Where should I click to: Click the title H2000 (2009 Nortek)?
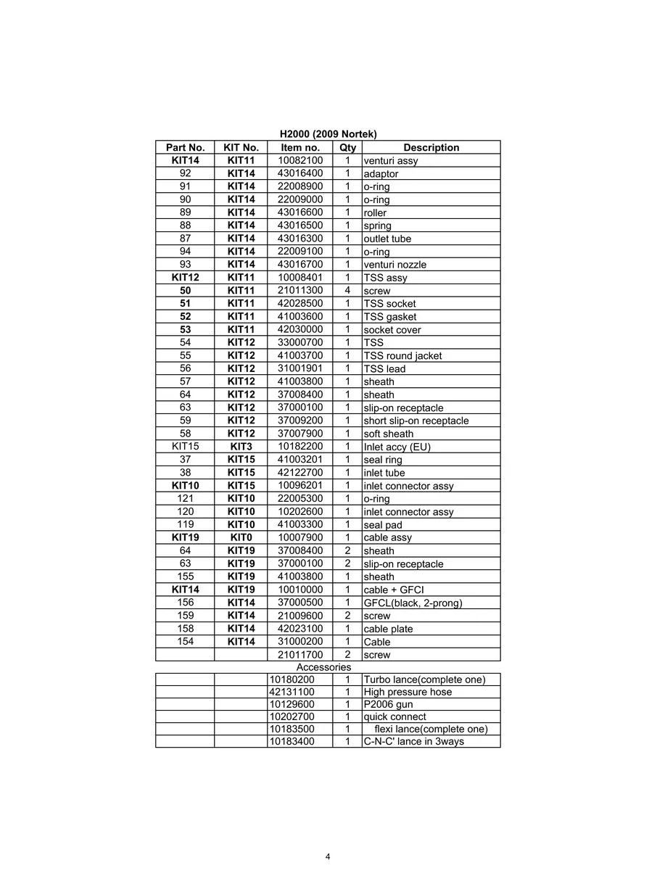[x=328, y=134]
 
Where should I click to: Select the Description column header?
[x=431, y=147]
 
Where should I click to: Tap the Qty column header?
[x=347, y=147]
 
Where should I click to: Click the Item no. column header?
[x=300, y=147]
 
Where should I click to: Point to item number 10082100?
[x=300, y=160]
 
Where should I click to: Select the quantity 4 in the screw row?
[x=347, y=291]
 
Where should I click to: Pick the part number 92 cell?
[x=185, y=173]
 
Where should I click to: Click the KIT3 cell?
[x=241, y=447]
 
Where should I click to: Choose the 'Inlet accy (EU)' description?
[x=397, y=447]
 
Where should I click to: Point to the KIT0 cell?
[x=241, y=537]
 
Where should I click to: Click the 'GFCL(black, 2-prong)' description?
[x=413, y=603]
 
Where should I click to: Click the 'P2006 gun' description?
[x=388, y=704]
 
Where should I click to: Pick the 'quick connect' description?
[x=394, y=716]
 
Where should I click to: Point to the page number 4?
[x=328, y=856]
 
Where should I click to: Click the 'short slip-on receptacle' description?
[x=416, y=421]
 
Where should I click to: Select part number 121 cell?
[x=185, y=498]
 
